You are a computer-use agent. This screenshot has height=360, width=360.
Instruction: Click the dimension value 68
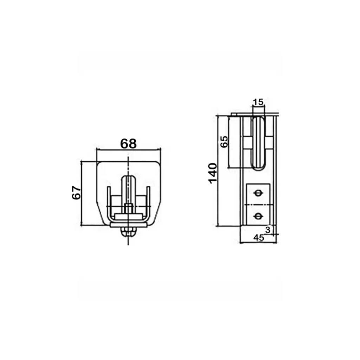click(x=128, y=144)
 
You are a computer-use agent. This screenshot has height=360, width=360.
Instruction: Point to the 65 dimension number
click(x=224, y=141)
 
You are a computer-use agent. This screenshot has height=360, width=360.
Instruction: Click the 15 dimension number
click(x=258, y=102)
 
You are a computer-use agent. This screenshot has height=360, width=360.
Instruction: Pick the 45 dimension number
click(x=258, y=238)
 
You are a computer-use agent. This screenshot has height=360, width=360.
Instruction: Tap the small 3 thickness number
click(x=268, y=230)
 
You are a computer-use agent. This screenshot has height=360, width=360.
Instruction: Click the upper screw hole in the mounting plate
click(x=258, y=193)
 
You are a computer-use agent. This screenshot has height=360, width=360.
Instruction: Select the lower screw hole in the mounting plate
click(x=258, y=216)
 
